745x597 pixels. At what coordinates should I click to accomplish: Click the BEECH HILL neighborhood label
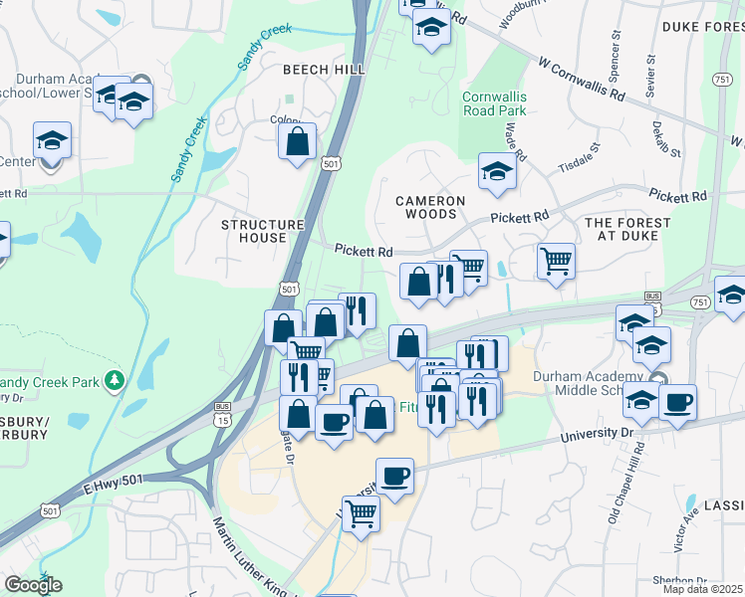tap(324, 69)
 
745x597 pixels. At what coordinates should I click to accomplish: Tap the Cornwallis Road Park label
tap(495, 104)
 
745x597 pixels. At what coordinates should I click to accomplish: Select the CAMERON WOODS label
tap(430, 207)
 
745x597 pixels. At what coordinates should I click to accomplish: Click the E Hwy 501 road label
tap(114, 481)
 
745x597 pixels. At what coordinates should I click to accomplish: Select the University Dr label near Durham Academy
tap(597, 435)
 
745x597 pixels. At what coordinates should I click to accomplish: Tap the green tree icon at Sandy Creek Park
tap(116, 380)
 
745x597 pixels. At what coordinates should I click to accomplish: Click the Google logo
tap(33, 585)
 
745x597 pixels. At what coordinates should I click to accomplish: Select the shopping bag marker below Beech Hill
tap(297, 141)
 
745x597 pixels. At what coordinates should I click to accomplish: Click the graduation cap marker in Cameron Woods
tap(497, 171)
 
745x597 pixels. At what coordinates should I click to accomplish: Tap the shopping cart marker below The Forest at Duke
tap(556, 262)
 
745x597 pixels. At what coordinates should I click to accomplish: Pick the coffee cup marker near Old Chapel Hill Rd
tap(677, 402)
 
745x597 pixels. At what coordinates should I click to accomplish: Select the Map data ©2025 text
tap(702, 589)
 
